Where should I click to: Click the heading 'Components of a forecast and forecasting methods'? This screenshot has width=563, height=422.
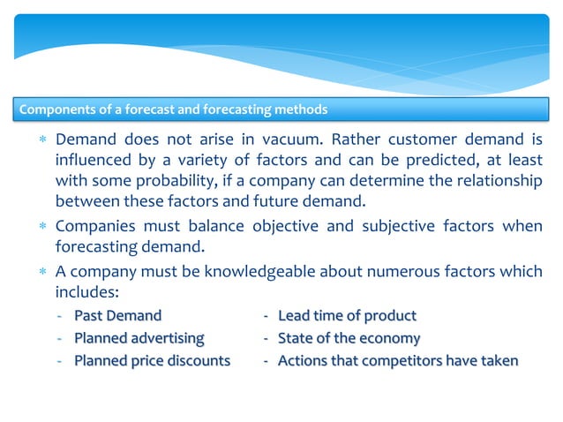click(174, 110)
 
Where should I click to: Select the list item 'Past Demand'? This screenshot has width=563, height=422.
click(117, 315)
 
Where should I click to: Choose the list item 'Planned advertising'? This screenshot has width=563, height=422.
click(139, 338)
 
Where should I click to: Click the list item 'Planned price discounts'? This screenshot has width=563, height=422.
click(152, 361)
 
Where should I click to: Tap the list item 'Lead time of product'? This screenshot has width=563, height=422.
click(347, 315)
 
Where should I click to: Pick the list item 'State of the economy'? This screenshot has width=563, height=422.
click(349, 338)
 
